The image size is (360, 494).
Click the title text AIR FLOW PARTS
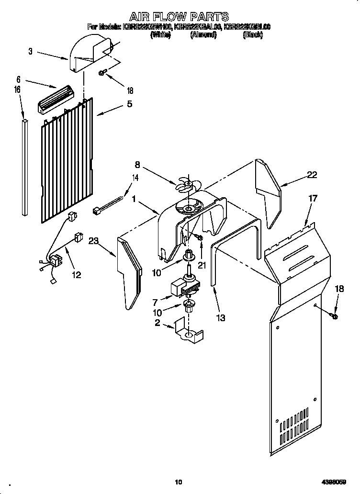(179, 17)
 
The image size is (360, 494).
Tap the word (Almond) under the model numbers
(203, 35)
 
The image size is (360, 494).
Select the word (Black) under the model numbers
(253, 35)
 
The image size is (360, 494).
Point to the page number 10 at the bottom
(179, 482)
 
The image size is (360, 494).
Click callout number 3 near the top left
(30, 51)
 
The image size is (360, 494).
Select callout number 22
(312, 175)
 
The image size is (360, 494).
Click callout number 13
(220, 317)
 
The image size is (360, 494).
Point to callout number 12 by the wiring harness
(76, 275)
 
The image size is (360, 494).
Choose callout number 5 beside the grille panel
(129, 104)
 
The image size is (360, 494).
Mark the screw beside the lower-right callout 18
(334, 316)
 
